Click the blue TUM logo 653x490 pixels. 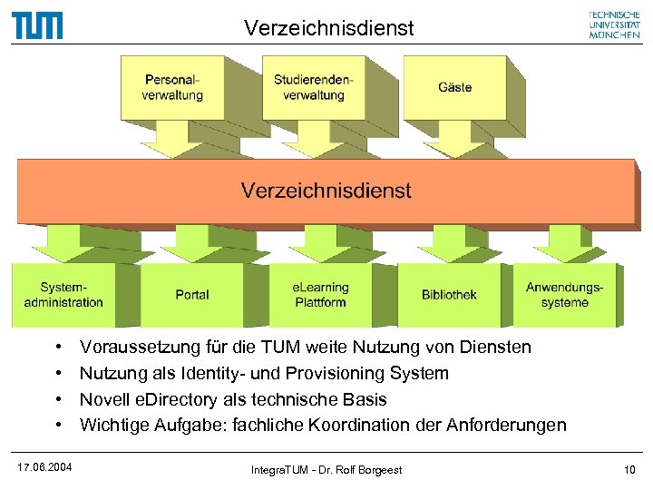click(37, 24)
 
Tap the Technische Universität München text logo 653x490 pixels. click(614, 24)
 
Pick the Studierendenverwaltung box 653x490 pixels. click(313, 87)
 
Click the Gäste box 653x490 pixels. click(454, 87)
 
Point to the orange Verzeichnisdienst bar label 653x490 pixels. click(326, 191)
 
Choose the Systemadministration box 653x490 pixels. click(60, 295)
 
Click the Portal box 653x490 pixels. click(192, 295)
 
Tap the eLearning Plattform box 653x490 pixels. click(320, 295)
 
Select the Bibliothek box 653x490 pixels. click(449, 295)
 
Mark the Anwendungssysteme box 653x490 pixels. click(564, 295)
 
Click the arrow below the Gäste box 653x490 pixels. click(462, 142)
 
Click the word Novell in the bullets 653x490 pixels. click(103, 399)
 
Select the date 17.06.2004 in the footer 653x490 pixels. click(45, 467)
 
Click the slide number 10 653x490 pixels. click(629, 468)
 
